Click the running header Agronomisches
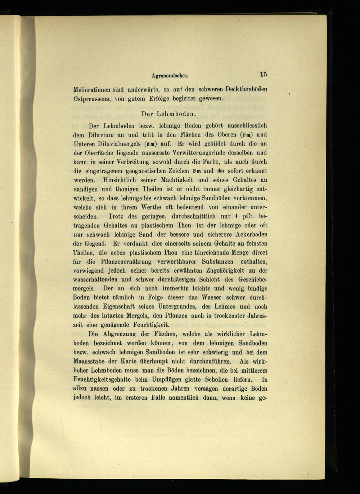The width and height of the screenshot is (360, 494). pos(170,76)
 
